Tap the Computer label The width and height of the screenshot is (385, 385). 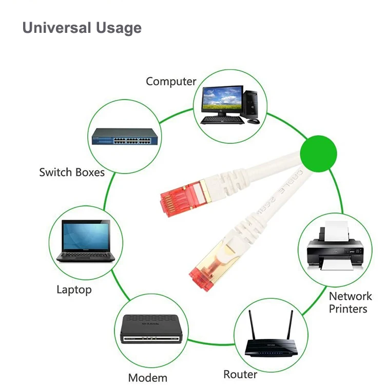pyautogui.click(x=171, y=81)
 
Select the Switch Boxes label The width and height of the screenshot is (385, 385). pyautogui.click(x=71, y=172)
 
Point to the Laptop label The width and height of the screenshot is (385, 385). pyautogui.click(x=74, y=290)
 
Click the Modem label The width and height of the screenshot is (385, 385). pyautogui.click(x=148, y=377)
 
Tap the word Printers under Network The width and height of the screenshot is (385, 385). pyautogui.click(x=349, y=309)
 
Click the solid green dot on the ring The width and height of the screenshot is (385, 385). pyautogui.click(x=318, y=153)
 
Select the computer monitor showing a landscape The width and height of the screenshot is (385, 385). pyautogui.click(x=222, y=99)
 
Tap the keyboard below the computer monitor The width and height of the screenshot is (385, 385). pyautogui.click(x=222, y=120)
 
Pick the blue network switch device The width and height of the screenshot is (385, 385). pyautogui.click(x=124, y=138)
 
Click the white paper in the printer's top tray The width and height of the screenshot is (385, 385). pyautogui.click(x=335, y=232)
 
